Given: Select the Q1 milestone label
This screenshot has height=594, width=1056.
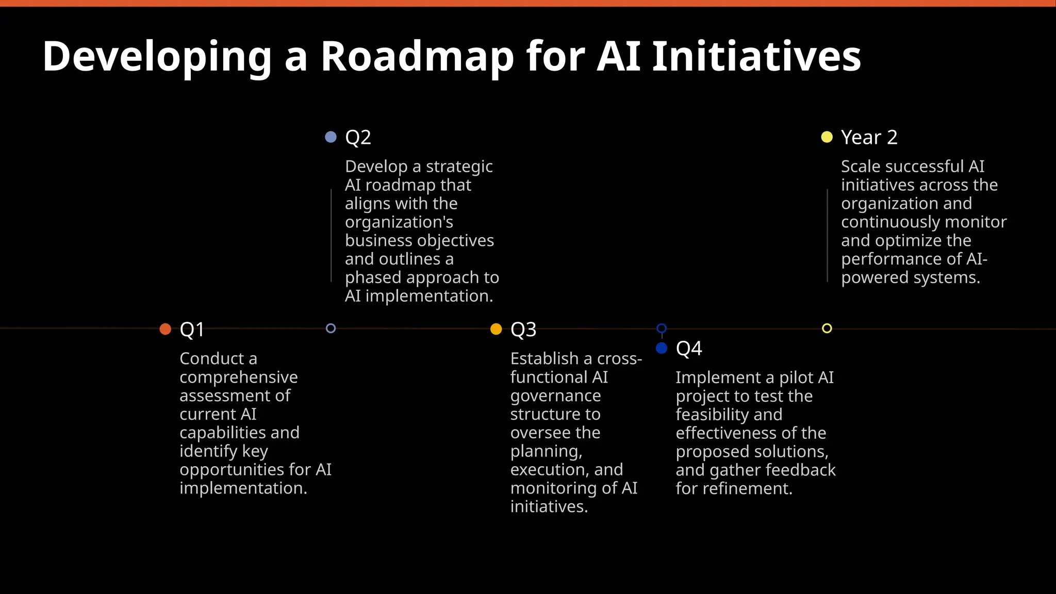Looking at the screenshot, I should point(192,329).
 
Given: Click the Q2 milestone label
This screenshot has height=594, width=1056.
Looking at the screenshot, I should point(358,137).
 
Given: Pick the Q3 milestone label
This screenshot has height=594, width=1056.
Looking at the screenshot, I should point(523,329).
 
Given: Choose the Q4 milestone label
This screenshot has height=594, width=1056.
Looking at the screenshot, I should point(688,349).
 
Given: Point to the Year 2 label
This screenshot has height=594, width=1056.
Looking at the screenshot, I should point(869,137).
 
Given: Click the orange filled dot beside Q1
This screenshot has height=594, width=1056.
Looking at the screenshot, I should point(166,329).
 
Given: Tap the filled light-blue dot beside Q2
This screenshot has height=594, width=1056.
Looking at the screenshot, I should point(331,137).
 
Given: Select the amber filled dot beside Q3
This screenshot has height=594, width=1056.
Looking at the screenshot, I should point(496,329).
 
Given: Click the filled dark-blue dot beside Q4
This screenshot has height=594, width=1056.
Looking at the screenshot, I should point(662,348).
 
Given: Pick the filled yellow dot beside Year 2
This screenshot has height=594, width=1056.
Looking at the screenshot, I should point(827,137).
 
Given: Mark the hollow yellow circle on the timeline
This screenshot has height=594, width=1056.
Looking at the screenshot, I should point(827,328).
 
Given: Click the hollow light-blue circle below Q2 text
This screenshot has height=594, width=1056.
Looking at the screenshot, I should point(331,328).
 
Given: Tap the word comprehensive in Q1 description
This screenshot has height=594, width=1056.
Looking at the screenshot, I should point(238,377).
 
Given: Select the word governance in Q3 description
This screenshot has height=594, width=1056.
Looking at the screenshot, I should point(555,396).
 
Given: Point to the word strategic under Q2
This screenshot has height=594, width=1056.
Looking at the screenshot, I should point(459,167).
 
